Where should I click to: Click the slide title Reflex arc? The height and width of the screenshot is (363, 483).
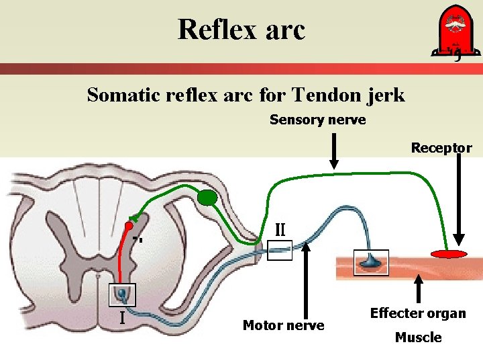(x=241, y=30)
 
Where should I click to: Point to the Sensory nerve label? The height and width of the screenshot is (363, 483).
(x=317, y=120)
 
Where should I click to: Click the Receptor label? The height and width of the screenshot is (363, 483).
(x=441, y=148)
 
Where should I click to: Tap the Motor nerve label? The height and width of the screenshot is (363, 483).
(x=283, y=325)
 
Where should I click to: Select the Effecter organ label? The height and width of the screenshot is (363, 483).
(x=418, y=313)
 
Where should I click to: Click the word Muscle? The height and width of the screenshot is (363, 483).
(x=418, y=337)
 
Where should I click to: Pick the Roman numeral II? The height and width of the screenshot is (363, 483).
(x=281, y=229)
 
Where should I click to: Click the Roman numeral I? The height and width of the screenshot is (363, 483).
(x=123, y=316)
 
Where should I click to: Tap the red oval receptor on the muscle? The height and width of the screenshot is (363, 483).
(x=449, y=254)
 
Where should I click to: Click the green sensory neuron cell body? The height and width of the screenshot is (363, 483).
(x=207, y=197)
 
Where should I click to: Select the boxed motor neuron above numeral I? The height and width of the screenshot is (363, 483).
(x=123, y=294)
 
